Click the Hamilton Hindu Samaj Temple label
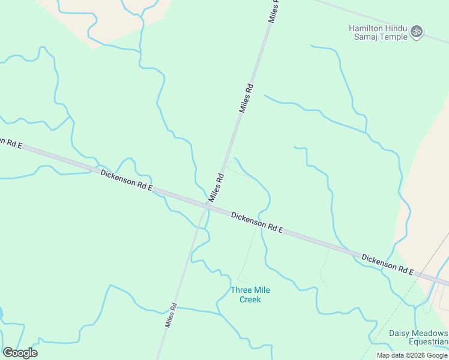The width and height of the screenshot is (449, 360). click(378, 32)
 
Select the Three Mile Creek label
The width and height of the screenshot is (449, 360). click(250, 295)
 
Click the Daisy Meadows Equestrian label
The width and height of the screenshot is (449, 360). click(418, 338)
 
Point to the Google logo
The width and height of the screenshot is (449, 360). click(20, 353)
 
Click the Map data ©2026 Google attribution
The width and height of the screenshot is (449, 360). click(412, 355)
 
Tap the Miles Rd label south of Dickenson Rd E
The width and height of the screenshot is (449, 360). click(171, 314)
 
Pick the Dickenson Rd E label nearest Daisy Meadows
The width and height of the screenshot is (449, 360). click(387, 264)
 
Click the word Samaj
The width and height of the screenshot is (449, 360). click(362, 37)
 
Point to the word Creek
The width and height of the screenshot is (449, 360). click(250, 299)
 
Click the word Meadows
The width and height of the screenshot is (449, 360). click(429, 333)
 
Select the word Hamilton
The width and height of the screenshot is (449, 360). click(367, 28)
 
